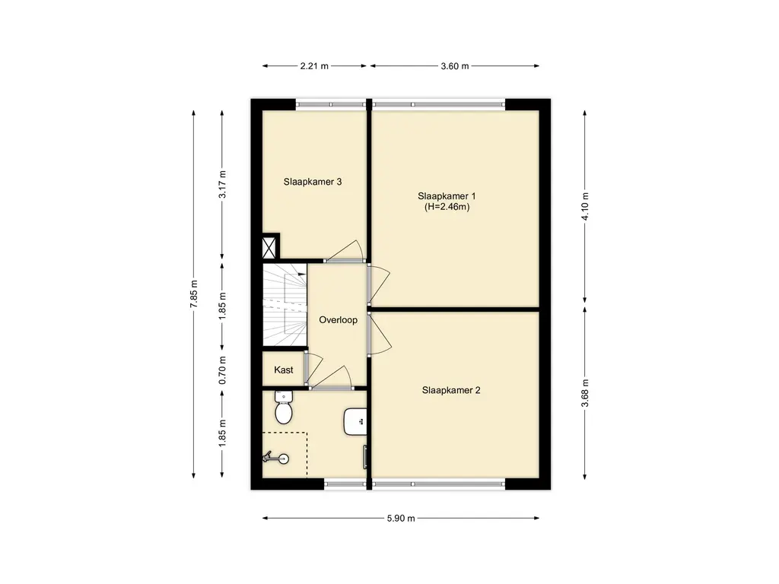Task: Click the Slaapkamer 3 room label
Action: point(313,182)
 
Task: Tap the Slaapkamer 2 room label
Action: point(451,390)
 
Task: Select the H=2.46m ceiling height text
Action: point(447,207)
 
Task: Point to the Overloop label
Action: point(338,320)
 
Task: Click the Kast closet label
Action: point(284,370)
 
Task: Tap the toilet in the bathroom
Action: point(284,408)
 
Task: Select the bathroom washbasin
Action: point(355,422)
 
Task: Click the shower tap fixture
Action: point(276,457)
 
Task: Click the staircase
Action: point(285,305)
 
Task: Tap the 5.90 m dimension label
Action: point(401,519)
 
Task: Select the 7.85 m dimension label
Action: point(194,294)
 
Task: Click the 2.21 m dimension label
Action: point(314,66)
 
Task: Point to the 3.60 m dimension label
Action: point(455,66)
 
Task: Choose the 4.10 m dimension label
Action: point(585,206)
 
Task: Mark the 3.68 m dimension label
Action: point(585,393)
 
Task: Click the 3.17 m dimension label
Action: point(222,185)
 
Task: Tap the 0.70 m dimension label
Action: point(222,370)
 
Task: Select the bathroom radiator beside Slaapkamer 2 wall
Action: point(365,457)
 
